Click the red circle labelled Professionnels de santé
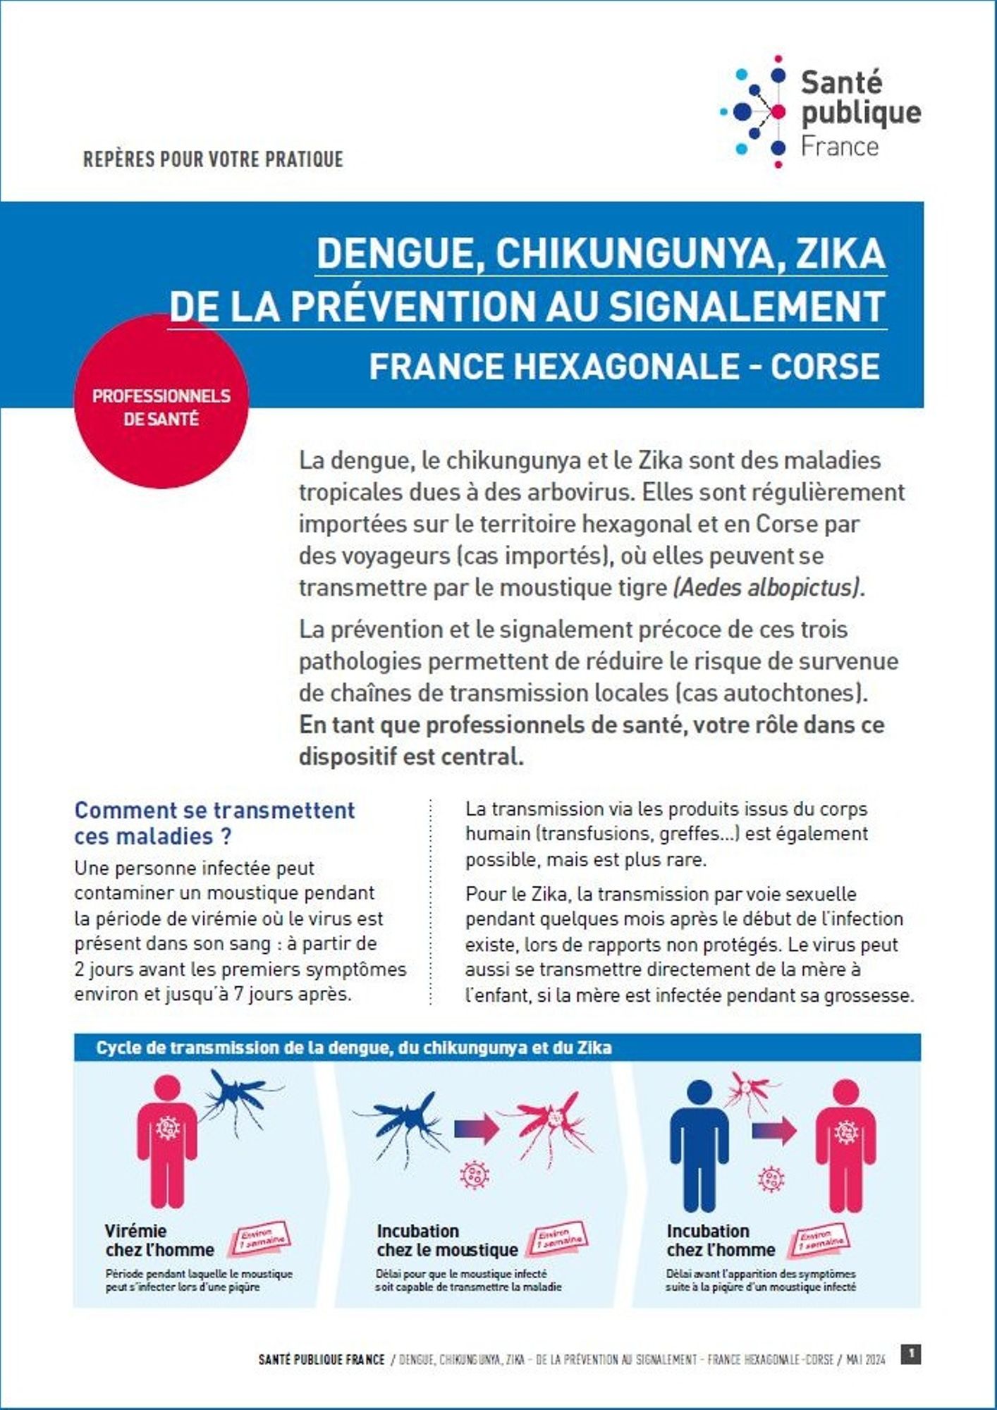pyautogui.click(x=161, y=402)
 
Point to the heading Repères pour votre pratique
pyautogui.click(x=213, y=159)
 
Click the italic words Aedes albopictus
pyautogui.click(x=767, y=587)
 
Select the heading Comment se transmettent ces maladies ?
pyautogui.click(x=214, y=823)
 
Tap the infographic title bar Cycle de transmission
pyautogui.click(x=354, y=1048)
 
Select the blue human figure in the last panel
pyautogui.click(x=698, y=1146)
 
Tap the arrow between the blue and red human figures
pyautogui.click(x=773, y=1132)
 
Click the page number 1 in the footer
pyautogui.click(x=911, y=1354)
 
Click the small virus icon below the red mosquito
pyautogui.click(x=474, y=1175)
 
